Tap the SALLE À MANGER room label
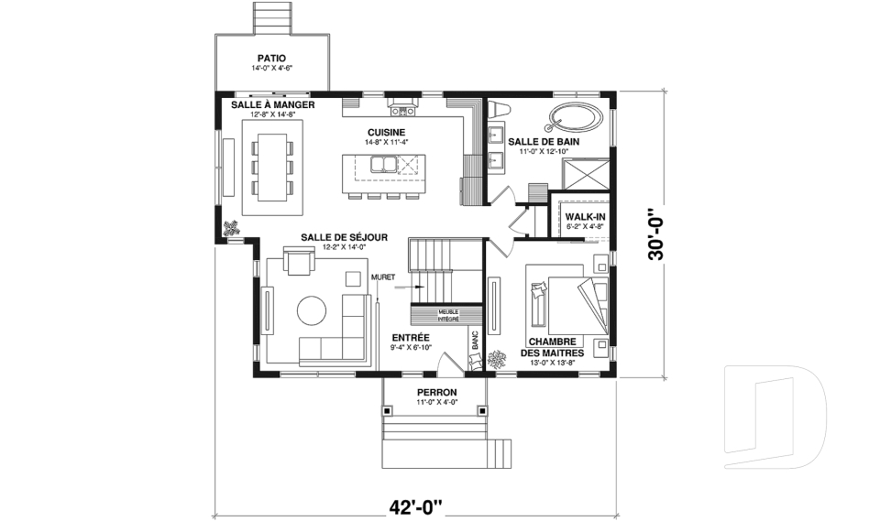[272, 105]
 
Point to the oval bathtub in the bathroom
[575, 117]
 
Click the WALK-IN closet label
[585, 216]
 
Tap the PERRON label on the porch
[436, 392]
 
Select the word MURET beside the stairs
[381, 276]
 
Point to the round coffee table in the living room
[312, 310]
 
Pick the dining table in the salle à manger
[272, 167]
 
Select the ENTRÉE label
[410, 337]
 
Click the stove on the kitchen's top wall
[402, 110]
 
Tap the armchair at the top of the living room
[300, 263]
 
